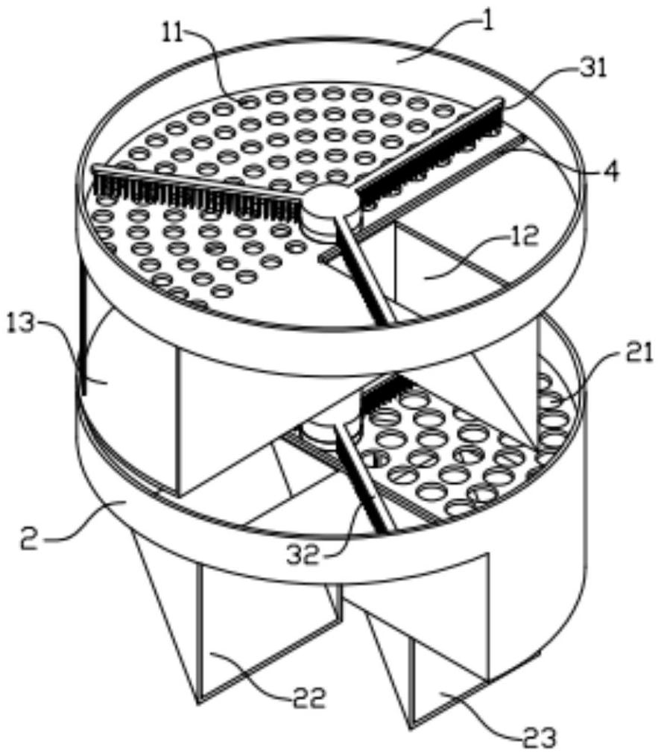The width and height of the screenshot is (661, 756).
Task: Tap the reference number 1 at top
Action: pyautogui.click(x=489, y=22)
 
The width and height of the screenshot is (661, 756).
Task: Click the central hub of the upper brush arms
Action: pyautogui.click(x=327, y=204)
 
